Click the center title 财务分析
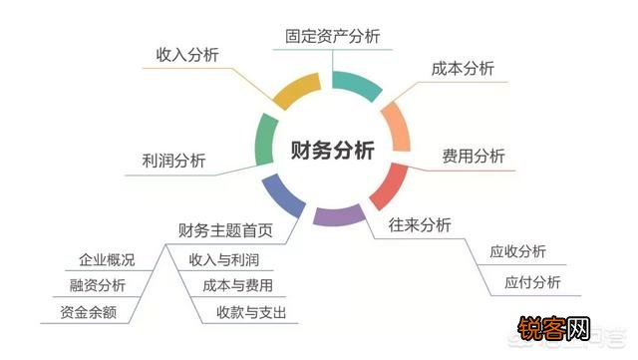[332, 151]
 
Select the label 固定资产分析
[332, 36]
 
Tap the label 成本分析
[463, 70]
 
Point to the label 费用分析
[474, 157]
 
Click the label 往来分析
[420, 224]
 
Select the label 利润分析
[174, 161]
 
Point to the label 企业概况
[107, 260]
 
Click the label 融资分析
[98, 285]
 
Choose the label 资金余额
[90, 312]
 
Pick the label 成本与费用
[237, 285]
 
